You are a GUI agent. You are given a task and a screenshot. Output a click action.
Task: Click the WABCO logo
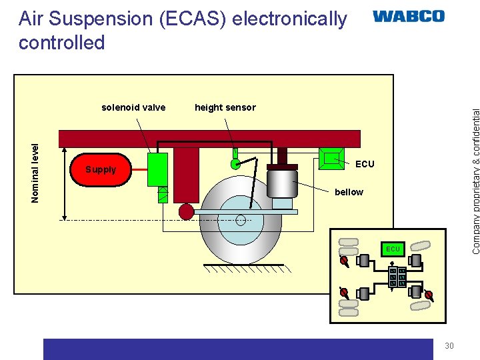click(x=408, y=17)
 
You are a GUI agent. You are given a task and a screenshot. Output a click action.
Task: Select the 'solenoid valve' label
click(x=133, y=107)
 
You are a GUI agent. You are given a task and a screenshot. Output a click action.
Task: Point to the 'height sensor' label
click(x=225, y=107)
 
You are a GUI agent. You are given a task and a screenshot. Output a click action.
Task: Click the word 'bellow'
click(x=349, y=192)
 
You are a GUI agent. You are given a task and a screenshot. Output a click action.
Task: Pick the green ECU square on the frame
click(x=331, y=159)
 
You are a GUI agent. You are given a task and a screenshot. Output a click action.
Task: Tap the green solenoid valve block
click(x=157, y=169)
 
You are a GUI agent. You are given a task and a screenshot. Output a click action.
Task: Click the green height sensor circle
click(x=235, y=163)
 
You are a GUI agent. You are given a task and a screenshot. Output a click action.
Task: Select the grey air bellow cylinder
click(x=282, y=183)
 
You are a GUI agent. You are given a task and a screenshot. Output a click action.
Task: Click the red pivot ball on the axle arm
click(x=186, y=211)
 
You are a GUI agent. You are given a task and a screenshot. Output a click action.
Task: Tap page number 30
click(x=449, y=345)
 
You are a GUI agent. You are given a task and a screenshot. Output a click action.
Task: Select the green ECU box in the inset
click(x=393, y=249)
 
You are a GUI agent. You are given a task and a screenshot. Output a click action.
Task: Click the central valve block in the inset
click(x=398, y=277)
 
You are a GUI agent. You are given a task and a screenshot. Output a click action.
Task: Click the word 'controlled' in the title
click(x=62, y=43)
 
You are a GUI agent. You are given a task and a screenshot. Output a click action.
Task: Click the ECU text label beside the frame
click(x=365, y=164)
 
